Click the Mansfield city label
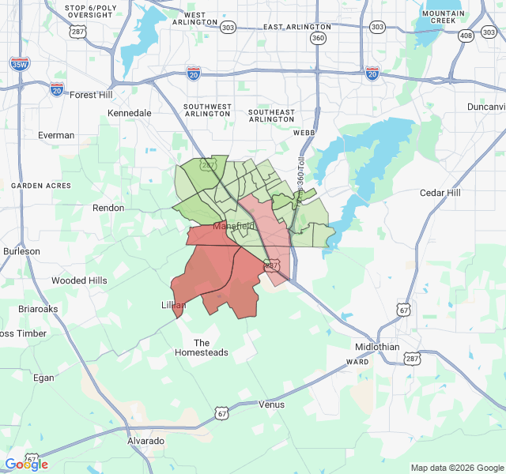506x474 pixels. pyautogui.click(x=234, y=227)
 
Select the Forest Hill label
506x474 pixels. pyautogui.click(x=92, y=95)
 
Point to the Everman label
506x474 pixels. pyautogui.click(x=56, y=135)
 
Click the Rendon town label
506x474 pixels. pyautogui.click(x=108, y=208)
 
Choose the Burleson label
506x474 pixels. pyautogui.click(x=21, y=251)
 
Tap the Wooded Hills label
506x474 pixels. pyautogui.click(x=79, y=280)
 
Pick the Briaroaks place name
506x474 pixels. pyautogui.click(x=38, y=309)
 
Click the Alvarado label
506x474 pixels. pyautogui.click(x=145, y=441)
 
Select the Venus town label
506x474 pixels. pyautogui.click(x=271, y=404)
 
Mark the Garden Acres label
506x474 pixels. pyautogui.click(x=41, y=186)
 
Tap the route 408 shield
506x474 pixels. pyautogui.click(x=466, y=36)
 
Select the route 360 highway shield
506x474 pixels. pyautogui.click(x=318, y=38)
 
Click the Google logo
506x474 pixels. pyautogui.click(x=27, y=464)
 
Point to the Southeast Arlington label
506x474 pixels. pyautogui.click(x=272, y=115)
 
